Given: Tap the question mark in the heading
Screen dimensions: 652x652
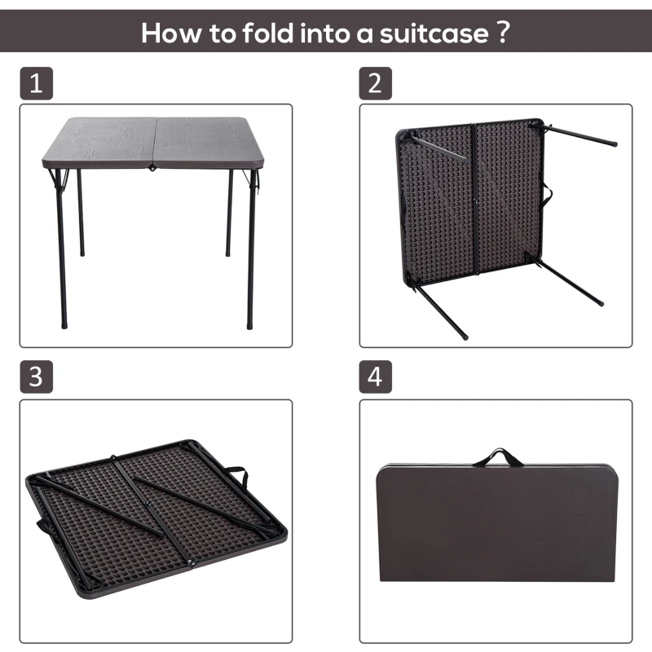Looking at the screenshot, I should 503,33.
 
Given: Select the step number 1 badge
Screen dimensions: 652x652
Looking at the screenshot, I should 35,84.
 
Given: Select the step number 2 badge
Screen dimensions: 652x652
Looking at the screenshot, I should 376,84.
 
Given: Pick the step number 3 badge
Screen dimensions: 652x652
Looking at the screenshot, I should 35,377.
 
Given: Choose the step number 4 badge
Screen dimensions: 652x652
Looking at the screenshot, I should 376,377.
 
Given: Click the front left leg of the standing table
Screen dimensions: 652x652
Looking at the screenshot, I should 61,244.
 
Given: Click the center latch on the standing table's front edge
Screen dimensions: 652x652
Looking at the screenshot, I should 152,169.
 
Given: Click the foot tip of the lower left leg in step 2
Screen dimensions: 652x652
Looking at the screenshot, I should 465,335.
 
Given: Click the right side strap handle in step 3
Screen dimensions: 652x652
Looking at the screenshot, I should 235,473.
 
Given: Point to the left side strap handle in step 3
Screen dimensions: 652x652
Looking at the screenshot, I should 39,526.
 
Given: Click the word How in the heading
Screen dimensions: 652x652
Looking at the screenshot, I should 167,33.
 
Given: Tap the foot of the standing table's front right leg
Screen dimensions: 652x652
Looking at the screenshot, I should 251,325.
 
